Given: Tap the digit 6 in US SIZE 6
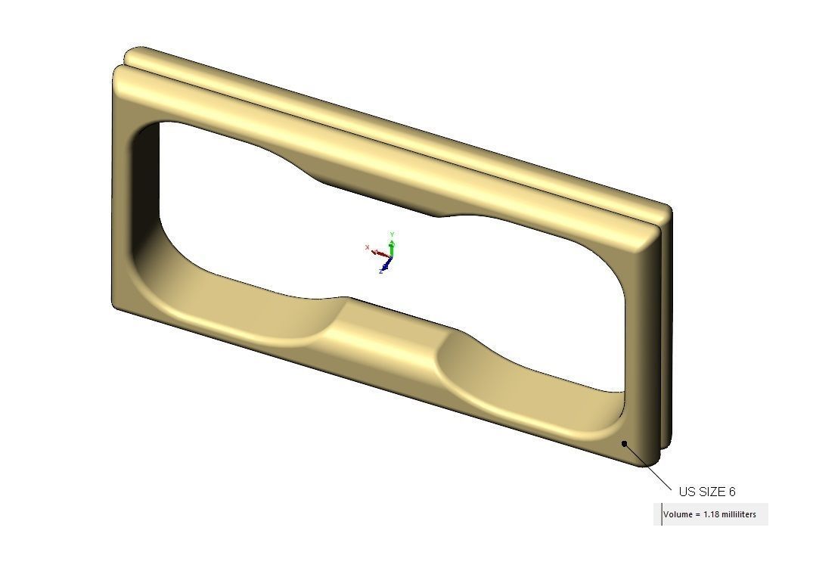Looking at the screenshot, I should (731, 492).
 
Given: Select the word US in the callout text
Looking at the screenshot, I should (687, 492).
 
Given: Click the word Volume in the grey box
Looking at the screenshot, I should (678, 515).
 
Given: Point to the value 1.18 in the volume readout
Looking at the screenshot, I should (711, 515).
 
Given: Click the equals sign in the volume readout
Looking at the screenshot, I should (698, 515).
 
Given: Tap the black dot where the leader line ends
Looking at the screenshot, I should (625, 443).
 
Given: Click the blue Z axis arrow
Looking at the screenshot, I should (386, 264).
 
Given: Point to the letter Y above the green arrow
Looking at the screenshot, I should (392, 234).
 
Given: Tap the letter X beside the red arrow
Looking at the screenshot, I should (368, 247).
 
